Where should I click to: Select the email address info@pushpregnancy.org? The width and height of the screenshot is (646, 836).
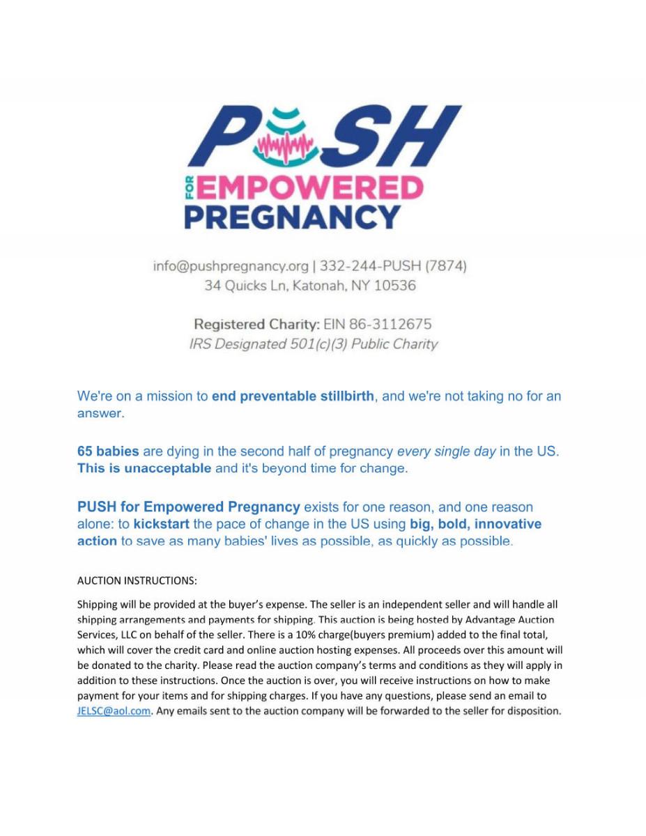coord(231,266)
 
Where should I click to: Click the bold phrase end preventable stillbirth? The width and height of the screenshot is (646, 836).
coord(293,396)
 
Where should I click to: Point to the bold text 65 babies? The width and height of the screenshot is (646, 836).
coord(108,451)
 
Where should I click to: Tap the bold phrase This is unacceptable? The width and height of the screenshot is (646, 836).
coord(144,468)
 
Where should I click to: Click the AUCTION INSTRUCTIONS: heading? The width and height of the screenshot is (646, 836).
coord(137,580)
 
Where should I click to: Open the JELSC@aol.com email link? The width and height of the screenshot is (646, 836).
coord(114,711)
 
